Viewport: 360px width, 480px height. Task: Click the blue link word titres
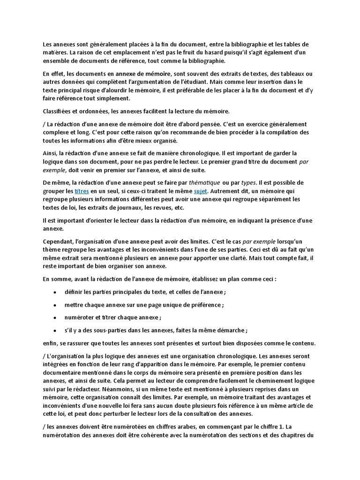82,191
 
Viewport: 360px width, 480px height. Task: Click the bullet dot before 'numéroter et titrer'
55,317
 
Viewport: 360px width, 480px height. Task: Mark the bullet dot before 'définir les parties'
55,292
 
